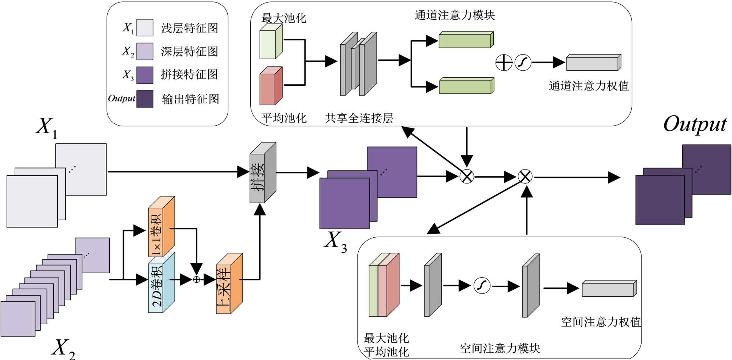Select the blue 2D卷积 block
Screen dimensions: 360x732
[x=160, y=286]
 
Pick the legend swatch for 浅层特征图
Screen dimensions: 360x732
[x=145, y=28]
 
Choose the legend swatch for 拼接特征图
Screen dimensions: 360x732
[x=145, y=75]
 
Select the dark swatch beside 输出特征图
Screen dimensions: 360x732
[x=145, y=99]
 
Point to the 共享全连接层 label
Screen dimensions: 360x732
[x=359, y=118]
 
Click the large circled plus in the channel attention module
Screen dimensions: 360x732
[x=504, y=63]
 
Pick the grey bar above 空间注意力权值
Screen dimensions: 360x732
[x=609, y=289]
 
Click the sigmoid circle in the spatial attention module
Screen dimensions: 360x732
[x=482, y=286]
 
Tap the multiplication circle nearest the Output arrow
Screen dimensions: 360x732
[x=525, y=177]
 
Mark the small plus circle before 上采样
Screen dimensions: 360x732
[x=197, y=280]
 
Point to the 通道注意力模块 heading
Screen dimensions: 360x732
[x=455, y=15]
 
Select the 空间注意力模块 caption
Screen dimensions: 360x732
[x=500, y=348]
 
